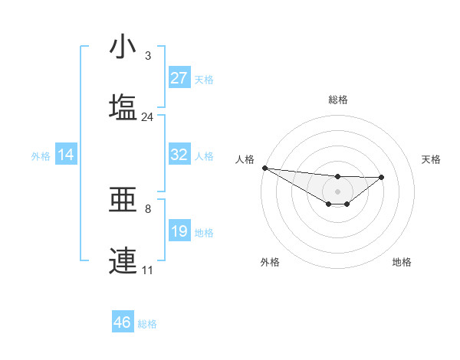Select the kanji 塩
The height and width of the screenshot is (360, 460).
(124, 106)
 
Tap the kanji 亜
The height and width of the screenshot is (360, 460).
(124, 201)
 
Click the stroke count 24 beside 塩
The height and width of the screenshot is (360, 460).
(148, 116)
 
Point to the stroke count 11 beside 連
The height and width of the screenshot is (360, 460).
(148, 270)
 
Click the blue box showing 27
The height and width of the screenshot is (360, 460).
(179, 78)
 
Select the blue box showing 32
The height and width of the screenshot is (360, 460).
(179, 155)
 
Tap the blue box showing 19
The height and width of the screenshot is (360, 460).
(179, 231)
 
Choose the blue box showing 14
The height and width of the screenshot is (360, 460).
(66, 155)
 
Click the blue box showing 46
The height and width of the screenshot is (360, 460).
(123, 322)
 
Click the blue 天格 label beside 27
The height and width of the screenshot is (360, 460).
(204, 79)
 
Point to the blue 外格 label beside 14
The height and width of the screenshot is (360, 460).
(41, 155)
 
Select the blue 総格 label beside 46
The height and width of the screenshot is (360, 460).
(147, 324)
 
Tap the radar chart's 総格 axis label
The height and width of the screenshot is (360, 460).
(338, 100)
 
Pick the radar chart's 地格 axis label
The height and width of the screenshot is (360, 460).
(402, 262)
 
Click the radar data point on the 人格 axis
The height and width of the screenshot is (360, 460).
(264, 168)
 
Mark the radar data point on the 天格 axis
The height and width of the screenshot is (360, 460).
(382, 177)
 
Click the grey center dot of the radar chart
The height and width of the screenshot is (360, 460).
(338, 191)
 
